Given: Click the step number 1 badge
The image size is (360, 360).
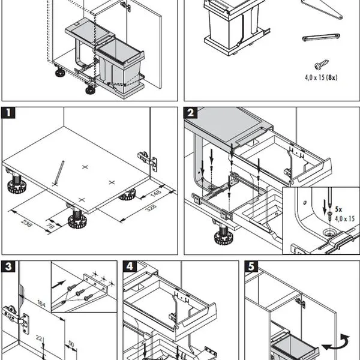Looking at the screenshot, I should click(8, 113).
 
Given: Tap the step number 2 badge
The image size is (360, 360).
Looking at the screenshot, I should click(190, 113).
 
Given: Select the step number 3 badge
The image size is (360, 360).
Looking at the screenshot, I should click(8, 266).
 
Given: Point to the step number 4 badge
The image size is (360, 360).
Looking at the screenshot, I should click(129, 266).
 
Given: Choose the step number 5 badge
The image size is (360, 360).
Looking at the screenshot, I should click(251, 266).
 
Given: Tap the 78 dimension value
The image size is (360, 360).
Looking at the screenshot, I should click(50, 226).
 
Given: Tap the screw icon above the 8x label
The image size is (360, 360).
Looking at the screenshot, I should click(321, 63).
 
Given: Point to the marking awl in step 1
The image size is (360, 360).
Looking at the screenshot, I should click(59, 172).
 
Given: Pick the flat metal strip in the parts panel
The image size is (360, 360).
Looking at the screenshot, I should click(321, 37).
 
